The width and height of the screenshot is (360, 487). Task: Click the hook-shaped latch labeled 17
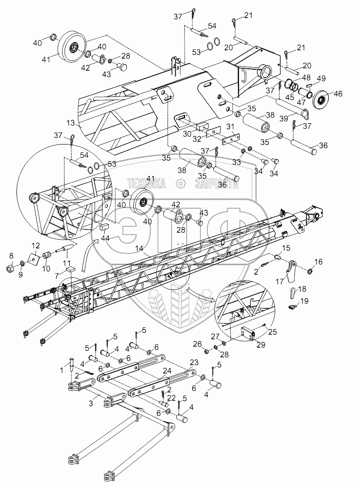click(x=292, y=273)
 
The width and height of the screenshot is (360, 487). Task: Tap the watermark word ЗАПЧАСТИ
click(x=216, y=184)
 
